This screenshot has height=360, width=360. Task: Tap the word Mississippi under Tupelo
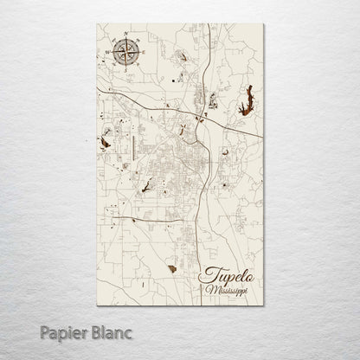click(x=227, y=292)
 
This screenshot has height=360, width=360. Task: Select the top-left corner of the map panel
click(x=97, y=37)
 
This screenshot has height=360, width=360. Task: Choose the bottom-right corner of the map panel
click(x=262, y=312)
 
